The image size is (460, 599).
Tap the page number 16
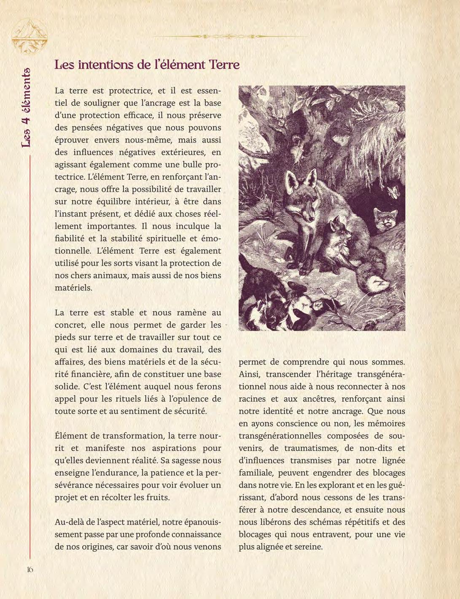pyautogui.click(x=30, y=569)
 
